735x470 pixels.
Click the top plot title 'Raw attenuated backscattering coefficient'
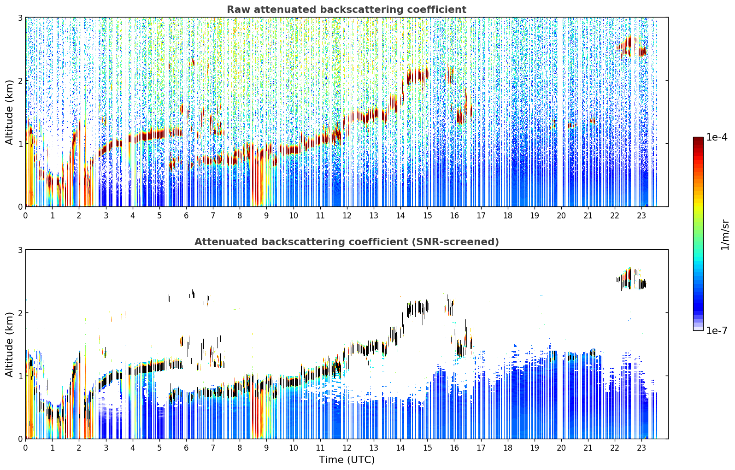[x=347, y=10]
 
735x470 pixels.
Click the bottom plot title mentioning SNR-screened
[x=347, y=241]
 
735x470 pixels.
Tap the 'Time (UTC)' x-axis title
[x=347, y=459]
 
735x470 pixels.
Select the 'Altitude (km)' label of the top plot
[x=9, y=112]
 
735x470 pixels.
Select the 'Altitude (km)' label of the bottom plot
[x=9, y=344]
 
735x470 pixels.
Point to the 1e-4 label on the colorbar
[x=717, y=137]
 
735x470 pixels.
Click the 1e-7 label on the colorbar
[x=717, y=330]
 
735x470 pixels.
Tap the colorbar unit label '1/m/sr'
[x=725, y=235]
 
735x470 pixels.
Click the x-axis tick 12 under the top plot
[x=347, y=216]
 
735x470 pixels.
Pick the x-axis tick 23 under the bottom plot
[x=641, y=448]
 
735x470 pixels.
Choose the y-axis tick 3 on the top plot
[x=20, y=18]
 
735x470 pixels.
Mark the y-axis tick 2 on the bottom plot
[x=20, y=312]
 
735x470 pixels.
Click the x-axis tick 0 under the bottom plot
[x=26, y=448]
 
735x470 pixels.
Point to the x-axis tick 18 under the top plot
[x=508, y=216]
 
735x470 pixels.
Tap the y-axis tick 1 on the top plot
[x=20, y=143]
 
